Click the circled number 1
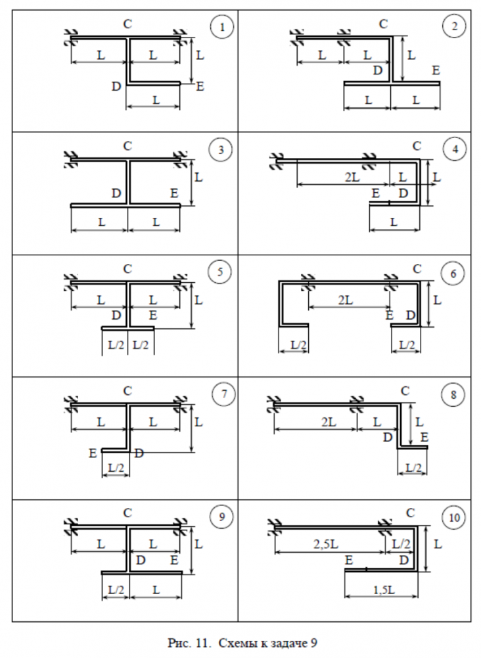[221, 27]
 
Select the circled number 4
[455, 149]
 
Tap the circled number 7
[223, 394]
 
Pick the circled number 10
[454, 517]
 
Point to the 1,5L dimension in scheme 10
[383, 590]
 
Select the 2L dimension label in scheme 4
[352, 177]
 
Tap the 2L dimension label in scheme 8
[329, 422]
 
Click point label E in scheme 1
[200, 86]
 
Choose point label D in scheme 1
[116, 86]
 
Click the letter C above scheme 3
[127, 146]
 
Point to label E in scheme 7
[93, 453]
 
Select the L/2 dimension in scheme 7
[116, 467]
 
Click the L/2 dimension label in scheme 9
[116, 590]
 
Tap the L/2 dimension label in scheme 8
[413, 467]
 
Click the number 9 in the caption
[314, 642]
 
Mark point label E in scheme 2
[436, 70]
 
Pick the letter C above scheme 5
[127, 268]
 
